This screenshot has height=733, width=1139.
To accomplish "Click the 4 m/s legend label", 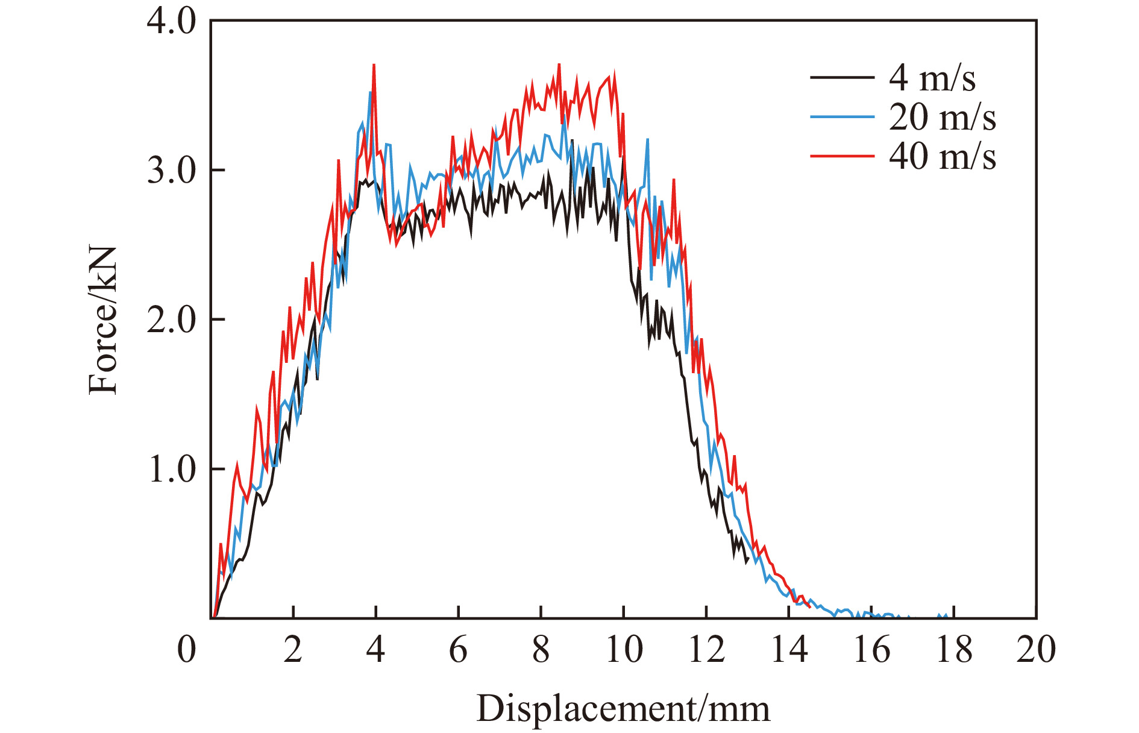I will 932,78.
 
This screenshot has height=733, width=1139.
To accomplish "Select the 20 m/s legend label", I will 942,117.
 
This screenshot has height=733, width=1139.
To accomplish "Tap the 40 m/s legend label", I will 942,156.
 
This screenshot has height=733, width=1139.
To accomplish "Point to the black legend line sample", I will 842,77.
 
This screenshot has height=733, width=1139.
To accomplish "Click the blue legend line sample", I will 842,116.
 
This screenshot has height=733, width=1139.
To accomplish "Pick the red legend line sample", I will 842,156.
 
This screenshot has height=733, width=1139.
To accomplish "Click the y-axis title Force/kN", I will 103,319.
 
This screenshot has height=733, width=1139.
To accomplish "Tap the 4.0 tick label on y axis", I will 172,22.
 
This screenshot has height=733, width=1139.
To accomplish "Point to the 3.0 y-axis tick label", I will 172,171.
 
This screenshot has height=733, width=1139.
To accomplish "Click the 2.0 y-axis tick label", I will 172,319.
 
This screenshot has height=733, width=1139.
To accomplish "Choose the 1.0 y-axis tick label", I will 172,469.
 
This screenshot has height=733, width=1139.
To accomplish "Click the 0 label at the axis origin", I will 187,650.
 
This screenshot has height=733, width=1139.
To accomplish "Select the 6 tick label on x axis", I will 458,650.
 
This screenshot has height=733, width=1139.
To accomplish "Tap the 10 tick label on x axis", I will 624,650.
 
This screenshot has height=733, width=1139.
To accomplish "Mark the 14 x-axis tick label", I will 789,650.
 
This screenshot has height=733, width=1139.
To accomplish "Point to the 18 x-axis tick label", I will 954,650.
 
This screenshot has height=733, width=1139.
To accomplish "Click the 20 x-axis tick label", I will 1036,650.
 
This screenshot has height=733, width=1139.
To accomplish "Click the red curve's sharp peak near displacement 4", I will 374,65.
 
